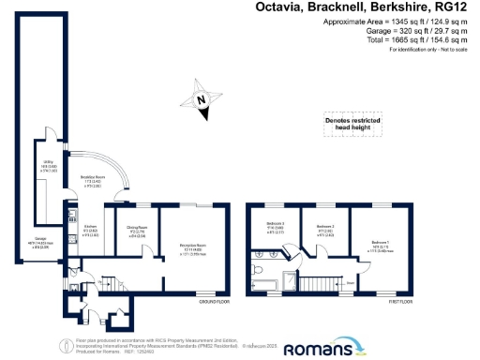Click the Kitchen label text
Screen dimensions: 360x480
tap(90, 231)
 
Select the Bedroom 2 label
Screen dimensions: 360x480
tap(325, 228)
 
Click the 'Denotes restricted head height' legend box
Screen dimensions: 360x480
tap(349, 123)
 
